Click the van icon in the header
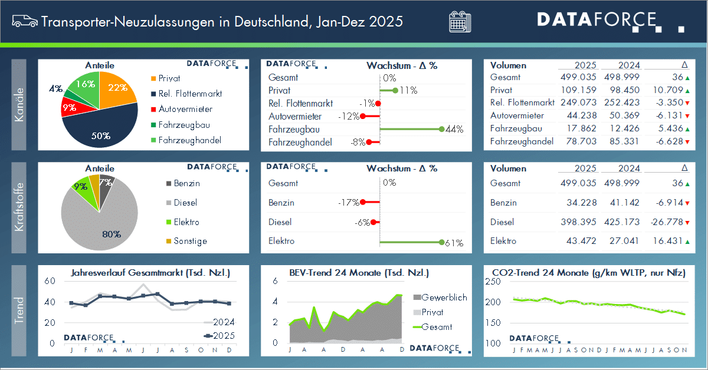24,22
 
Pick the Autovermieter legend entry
185,109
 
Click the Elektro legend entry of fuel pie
186,222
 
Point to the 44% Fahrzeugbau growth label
455,130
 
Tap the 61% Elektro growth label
455,243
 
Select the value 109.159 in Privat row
578,90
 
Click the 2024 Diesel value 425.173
622,222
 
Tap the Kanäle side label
19,104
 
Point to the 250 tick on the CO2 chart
492,282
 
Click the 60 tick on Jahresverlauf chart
50,282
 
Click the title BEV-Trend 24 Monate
359,273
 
